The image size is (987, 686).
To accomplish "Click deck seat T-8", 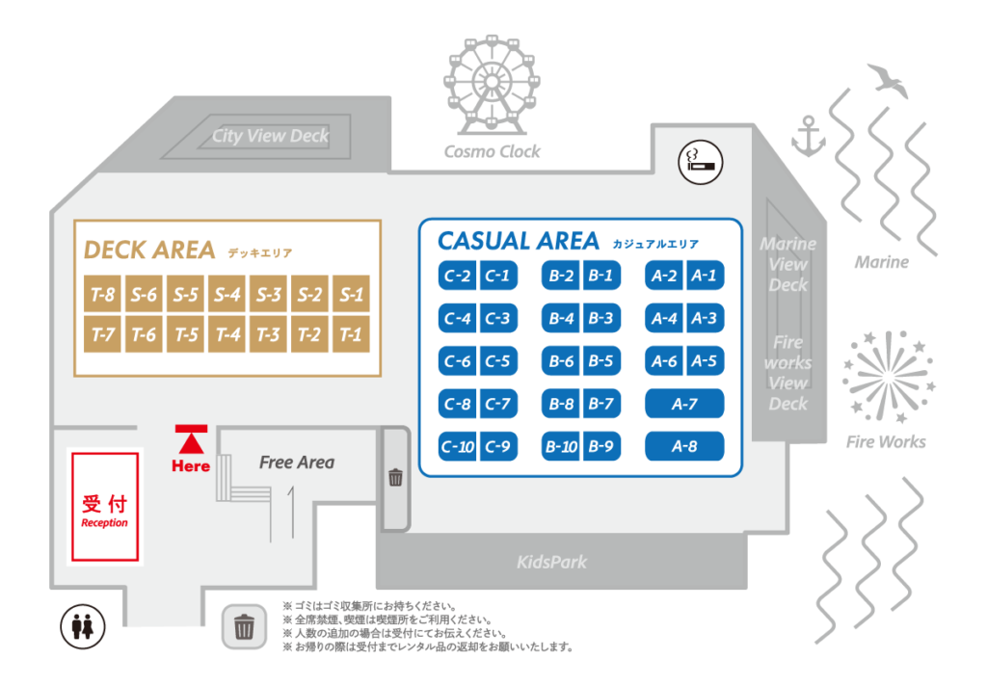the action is [x=102, y=294].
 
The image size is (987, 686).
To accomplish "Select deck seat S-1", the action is [x=351, y=294].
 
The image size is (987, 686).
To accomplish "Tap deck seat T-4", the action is [x=227, y=334].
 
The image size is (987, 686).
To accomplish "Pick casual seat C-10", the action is [x=458, y=446].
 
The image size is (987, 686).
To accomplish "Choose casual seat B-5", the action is [x=601, y=360].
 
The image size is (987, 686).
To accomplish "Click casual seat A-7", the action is [x=684, y=404].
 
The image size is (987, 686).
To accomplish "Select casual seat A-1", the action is [x=705, y=275].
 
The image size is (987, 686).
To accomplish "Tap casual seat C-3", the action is [x=498, y=318].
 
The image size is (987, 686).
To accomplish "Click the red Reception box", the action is [x=105, y=507].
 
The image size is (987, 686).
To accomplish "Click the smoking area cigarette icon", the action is [x=701, y=163].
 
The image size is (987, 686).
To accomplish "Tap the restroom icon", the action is [x=83, y=627].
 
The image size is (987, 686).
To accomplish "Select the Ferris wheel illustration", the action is [x=492, y=85].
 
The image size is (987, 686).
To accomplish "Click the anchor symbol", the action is [x=809, y=136].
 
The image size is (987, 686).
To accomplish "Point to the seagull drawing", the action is [x=888, y=80].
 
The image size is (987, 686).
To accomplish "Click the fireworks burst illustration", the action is [x=889, y=377].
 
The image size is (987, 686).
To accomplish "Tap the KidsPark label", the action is [x=552, y=562].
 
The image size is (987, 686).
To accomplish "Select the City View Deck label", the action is [x=270, y=136].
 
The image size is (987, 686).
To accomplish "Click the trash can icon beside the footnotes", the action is [x=244, y=627].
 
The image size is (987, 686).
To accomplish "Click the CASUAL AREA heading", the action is [x=518, y=241].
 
